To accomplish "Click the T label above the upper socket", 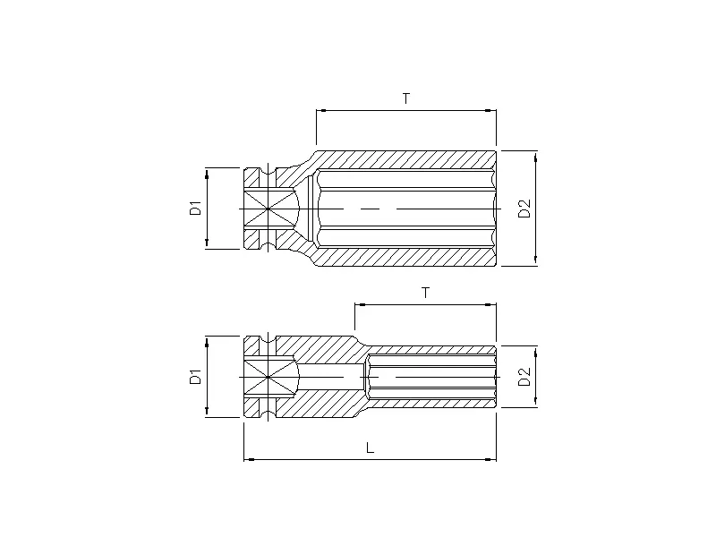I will coord(406,98).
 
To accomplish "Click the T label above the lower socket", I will coord(425,293).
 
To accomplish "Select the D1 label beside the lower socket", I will coord(194,376).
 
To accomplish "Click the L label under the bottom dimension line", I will coord(371,448).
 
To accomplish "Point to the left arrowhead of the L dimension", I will coord(248,459).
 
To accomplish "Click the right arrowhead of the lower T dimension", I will coord(491,305).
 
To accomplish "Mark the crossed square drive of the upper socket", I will coord(268,208).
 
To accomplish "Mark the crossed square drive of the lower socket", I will coord(268,377).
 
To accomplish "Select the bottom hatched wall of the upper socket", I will coord(403,257).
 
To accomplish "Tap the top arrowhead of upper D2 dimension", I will coord(536,155).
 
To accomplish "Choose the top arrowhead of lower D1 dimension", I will coord(208,340).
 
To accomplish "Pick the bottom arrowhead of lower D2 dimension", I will coord(536,403).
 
